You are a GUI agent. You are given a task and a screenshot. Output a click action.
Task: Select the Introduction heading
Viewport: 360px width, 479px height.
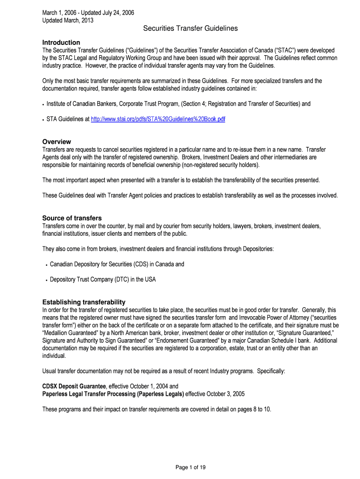point(61,42)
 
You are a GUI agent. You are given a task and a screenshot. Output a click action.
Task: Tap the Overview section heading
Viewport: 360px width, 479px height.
point(57,141)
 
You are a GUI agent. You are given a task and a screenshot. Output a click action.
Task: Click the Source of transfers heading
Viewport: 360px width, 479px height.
point(72,218)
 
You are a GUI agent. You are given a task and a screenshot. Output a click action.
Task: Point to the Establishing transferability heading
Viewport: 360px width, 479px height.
point(84,302)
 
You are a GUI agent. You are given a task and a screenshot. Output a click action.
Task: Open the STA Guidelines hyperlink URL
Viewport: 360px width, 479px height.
point(158,119)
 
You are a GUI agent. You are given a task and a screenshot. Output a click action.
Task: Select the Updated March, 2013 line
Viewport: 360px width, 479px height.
point(68,21)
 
